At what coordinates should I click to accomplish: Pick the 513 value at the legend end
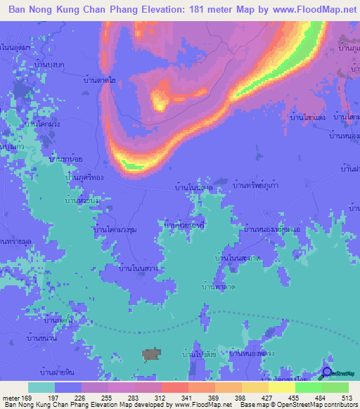tap(346, 397)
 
